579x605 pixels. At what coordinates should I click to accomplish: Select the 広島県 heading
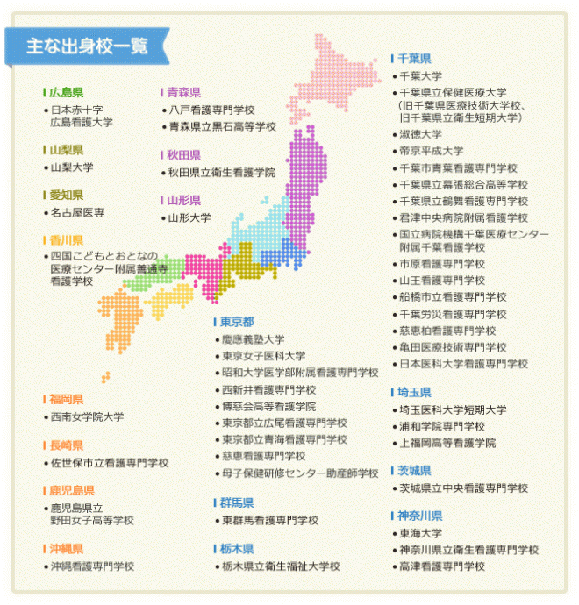[67, 92]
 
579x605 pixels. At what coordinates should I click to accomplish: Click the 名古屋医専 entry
[78, 212]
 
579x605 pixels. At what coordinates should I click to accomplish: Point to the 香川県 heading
[67, 239]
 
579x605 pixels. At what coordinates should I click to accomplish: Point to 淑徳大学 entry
[420, 134]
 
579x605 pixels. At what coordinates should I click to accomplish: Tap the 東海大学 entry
[420, 532]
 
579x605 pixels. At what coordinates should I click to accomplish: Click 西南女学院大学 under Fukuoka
[87, 416]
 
